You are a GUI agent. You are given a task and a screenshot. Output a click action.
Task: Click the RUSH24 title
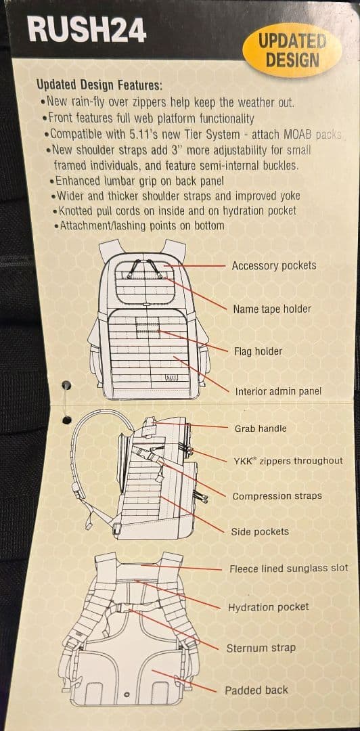(x=87, y=29)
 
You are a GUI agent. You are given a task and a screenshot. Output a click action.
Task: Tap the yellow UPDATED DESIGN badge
(x=292, y=51)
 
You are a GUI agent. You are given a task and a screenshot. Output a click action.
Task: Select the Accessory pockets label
(x=274, y=266)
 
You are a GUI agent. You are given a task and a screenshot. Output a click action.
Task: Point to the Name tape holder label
(x=272, y=309)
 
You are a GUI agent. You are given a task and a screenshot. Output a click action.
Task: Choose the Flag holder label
(x=258, y=351)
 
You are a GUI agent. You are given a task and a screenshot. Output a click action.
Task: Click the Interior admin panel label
(x=278, y=391)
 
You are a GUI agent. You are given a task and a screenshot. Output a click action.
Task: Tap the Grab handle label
(x=261, y=428)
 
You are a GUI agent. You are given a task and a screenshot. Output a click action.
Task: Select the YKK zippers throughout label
(x=288, y=461)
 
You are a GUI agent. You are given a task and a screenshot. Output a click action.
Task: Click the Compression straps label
(x=277, y=496)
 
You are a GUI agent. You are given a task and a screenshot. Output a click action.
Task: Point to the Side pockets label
(x=260, y=531)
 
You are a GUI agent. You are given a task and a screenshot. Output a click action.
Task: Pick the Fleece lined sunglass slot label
(x=289, y=569)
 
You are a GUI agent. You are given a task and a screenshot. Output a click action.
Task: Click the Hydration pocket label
(x=268, y=607)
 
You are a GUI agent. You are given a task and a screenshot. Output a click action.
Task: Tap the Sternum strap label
(x=261, y=648)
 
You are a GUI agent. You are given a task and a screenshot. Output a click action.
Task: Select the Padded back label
(x=256, y=690)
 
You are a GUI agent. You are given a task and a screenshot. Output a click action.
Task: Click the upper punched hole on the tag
(x=67, y=385)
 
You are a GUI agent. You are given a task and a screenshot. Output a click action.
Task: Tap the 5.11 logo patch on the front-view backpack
(x=172, y=378)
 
